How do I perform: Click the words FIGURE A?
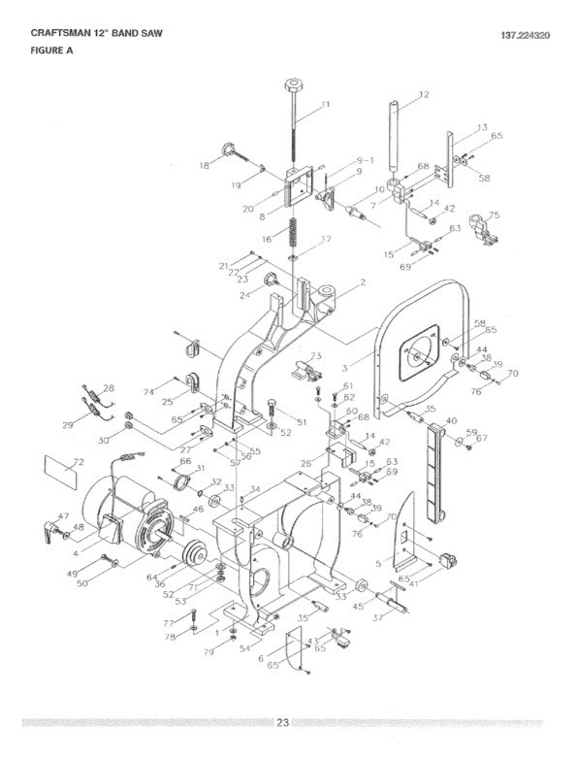40,51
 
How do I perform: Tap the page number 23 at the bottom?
282,722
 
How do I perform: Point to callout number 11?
326,104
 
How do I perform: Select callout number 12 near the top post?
424,95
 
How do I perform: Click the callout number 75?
494,215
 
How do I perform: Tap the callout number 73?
316,356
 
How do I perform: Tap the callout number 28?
109,388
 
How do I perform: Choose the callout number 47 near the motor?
64,516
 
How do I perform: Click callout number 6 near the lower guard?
261,657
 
